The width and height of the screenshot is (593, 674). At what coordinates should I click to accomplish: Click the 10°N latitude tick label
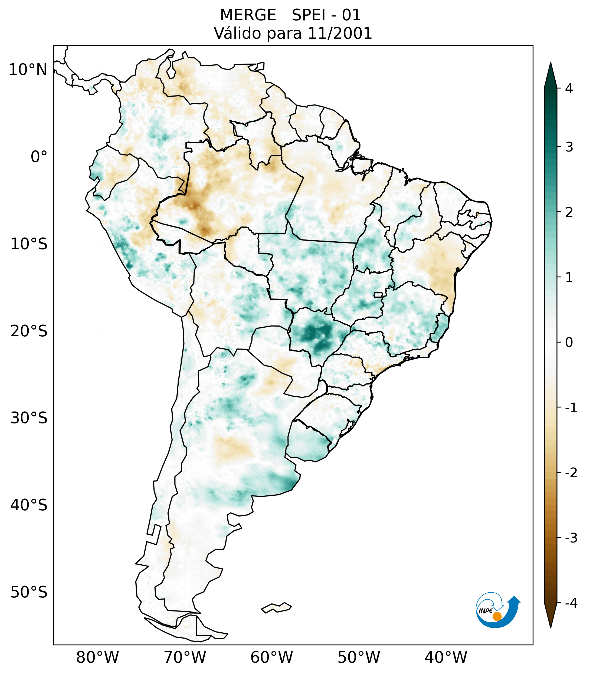(x=28, y=70)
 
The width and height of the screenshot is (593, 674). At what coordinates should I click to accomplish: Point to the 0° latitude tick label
(x=39, y=157)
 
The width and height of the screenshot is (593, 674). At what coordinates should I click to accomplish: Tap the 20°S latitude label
(x=29, y=331)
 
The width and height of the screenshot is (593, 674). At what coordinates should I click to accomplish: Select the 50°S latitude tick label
(x=29, y=593)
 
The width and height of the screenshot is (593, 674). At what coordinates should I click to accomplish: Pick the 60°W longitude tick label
(x=271, y=657)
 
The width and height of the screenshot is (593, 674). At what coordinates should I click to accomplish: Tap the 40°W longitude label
(x=446, y=657)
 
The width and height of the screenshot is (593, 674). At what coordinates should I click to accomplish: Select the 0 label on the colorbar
(x=569, y=343)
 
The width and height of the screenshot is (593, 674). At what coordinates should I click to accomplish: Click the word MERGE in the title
(x=248, y=15)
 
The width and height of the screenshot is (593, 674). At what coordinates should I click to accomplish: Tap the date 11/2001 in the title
(x=340, y=33)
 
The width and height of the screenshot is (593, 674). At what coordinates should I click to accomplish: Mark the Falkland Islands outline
(x=276, y=607)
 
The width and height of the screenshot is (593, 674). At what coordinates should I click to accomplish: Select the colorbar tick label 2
(x=569, y=212)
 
